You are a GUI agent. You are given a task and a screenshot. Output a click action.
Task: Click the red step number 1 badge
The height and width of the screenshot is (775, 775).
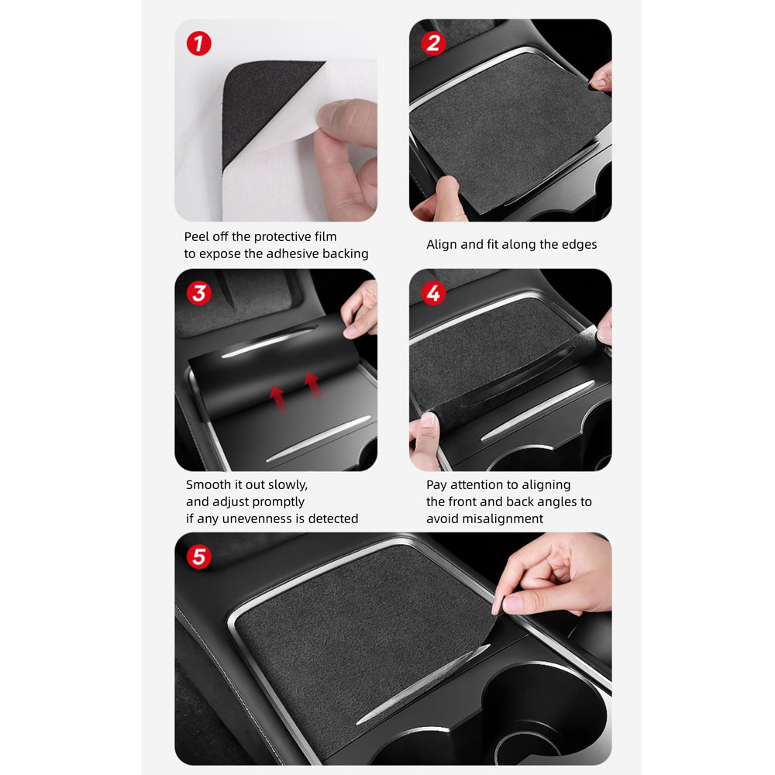tap(199, 43)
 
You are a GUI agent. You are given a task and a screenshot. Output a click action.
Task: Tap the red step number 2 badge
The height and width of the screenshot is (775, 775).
tap(433, 43)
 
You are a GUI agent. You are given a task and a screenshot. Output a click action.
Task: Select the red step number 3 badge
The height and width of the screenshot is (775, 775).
tap(199, 293)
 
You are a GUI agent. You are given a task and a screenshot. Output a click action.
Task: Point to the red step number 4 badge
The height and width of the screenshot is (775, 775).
tap(433, 293)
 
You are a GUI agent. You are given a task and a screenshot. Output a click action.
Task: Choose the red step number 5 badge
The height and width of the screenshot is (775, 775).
tap(199, 556)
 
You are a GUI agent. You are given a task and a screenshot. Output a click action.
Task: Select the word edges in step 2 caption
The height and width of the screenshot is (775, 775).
tap(578, 244)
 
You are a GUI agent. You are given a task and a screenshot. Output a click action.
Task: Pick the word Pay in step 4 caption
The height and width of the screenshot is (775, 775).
tap(437, 484)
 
